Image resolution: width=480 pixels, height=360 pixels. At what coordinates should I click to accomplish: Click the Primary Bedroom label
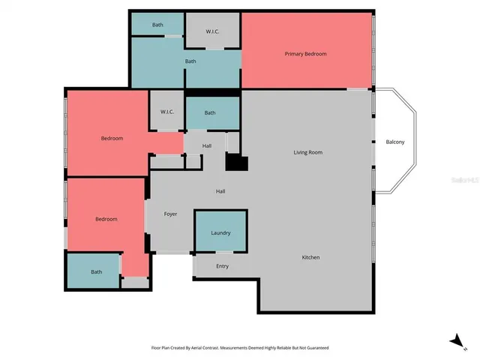click(x=305, y=54)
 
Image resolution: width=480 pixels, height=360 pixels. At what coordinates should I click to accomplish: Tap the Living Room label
click(x=307, y=152)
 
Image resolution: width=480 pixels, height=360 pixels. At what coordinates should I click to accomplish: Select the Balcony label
click(x=395, y=142)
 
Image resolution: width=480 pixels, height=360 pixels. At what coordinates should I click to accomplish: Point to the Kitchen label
click(x=310, y=257)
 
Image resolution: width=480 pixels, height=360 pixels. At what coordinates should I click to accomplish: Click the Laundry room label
click(x=220, y=233)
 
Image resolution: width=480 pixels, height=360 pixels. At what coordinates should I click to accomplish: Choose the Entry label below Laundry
click(x=223, y=266)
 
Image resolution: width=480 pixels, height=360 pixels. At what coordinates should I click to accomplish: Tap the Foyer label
click(x=170, y=214)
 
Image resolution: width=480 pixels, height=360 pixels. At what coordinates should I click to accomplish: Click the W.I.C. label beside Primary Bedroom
click(x=213, y=31)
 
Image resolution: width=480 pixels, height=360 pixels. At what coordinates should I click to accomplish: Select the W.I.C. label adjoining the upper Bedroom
click(x=167, y=112)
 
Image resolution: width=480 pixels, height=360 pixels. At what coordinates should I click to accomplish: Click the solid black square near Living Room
click(x=236, y=163)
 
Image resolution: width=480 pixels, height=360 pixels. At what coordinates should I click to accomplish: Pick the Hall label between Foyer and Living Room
click(x=220, y=191)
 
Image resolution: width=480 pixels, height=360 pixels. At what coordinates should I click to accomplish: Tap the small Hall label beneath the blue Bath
click(x=207, y=145)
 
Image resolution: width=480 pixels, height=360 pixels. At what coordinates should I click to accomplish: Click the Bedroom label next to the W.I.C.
click(x=112, y=138)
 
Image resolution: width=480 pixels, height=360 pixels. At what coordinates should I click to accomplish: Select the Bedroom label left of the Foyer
click(x=106, y=219)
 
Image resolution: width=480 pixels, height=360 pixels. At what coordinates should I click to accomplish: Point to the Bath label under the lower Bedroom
click(x=96, y=272)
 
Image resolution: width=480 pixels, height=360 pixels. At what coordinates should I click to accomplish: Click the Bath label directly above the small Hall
click(x=210, y=113)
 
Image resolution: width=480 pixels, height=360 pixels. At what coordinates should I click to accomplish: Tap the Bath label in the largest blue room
click(x=190, y=61)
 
